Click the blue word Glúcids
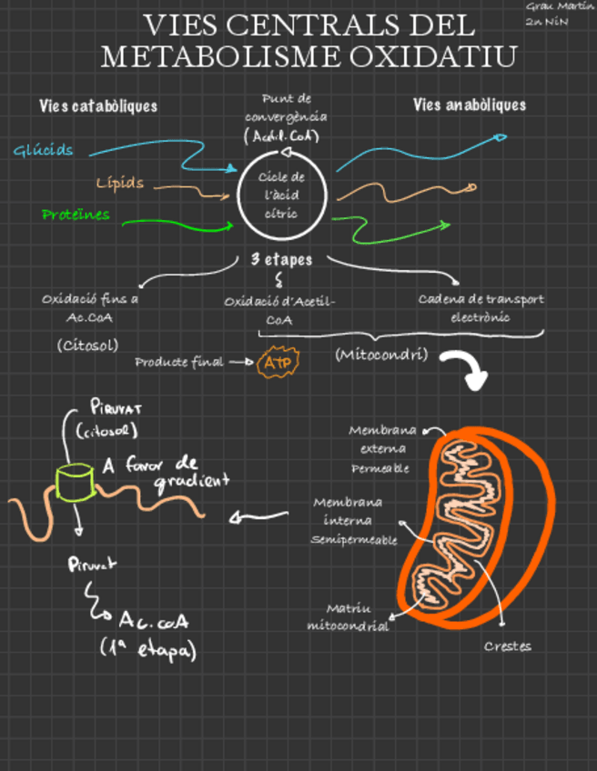tap(44, 150)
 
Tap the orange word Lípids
tap(120, 183)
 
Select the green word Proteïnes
tap(76, 215)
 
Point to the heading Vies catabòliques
tap(98, 106)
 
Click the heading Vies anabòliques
tap(469, 105)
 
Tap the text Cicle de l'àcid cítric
tap(281, 195)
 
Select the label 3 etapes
tap(281, 260)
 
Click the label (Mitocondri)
tap(380, 354)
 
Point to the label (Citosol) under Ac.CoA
tap(86, 345)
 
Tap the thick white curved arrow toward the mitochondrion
tap(467, 369)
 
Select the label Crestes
tap(507, 646)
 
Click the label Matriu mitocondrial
tap(348, 617)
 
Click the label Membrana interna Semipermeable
tap(354, 521)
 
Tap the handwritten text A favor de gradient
tap(166, 472)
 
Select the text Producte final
tap(178, 362)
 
